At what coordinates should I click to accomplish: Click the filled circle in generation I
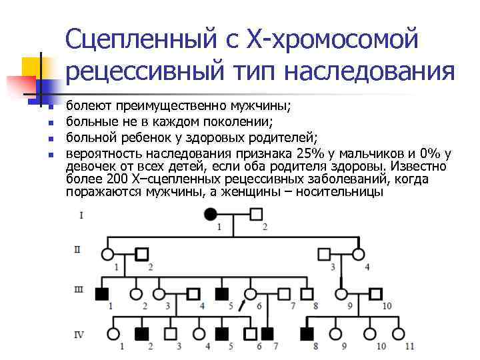pos(211,215)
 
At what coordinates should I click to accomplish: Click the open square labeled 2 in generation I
pos(257,215)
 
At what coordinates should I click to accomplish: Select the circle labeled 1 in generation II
pos(108,254)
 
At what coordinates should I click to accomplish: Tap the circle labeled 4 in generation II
pos(359,254)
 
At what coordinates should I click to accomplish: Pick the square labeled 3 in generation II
pos(325,254)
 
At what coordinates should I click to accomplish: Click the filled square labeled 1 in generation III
pos(101,293)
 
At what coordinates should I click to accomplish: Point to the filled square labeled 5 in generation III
pos(222,293)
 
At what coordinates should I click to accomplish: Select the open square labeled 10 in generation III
pos(375,293)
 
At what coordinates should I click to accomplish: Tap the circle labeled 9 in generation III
pos(341,293)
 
